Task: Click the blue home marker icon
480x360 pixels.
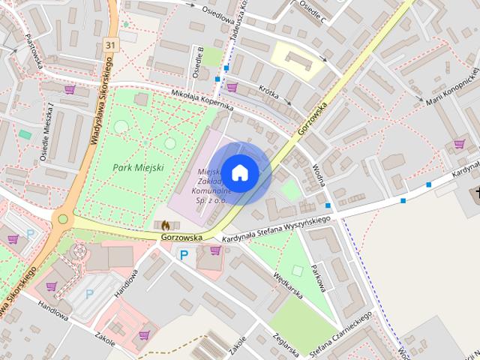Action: point(239,172)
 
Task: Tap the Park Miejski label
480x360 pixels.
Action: point(139,166)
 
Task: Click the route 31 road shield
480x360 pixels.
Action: point(111,46)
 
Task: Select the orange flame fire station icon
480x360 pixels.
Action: point(165,224)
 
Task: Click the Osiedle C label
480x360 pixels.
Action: point(313,12)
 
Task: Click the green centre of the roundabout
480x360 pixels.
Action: point(63,219)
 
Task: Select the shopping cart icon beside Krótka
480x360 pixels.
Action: point(232,87)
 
